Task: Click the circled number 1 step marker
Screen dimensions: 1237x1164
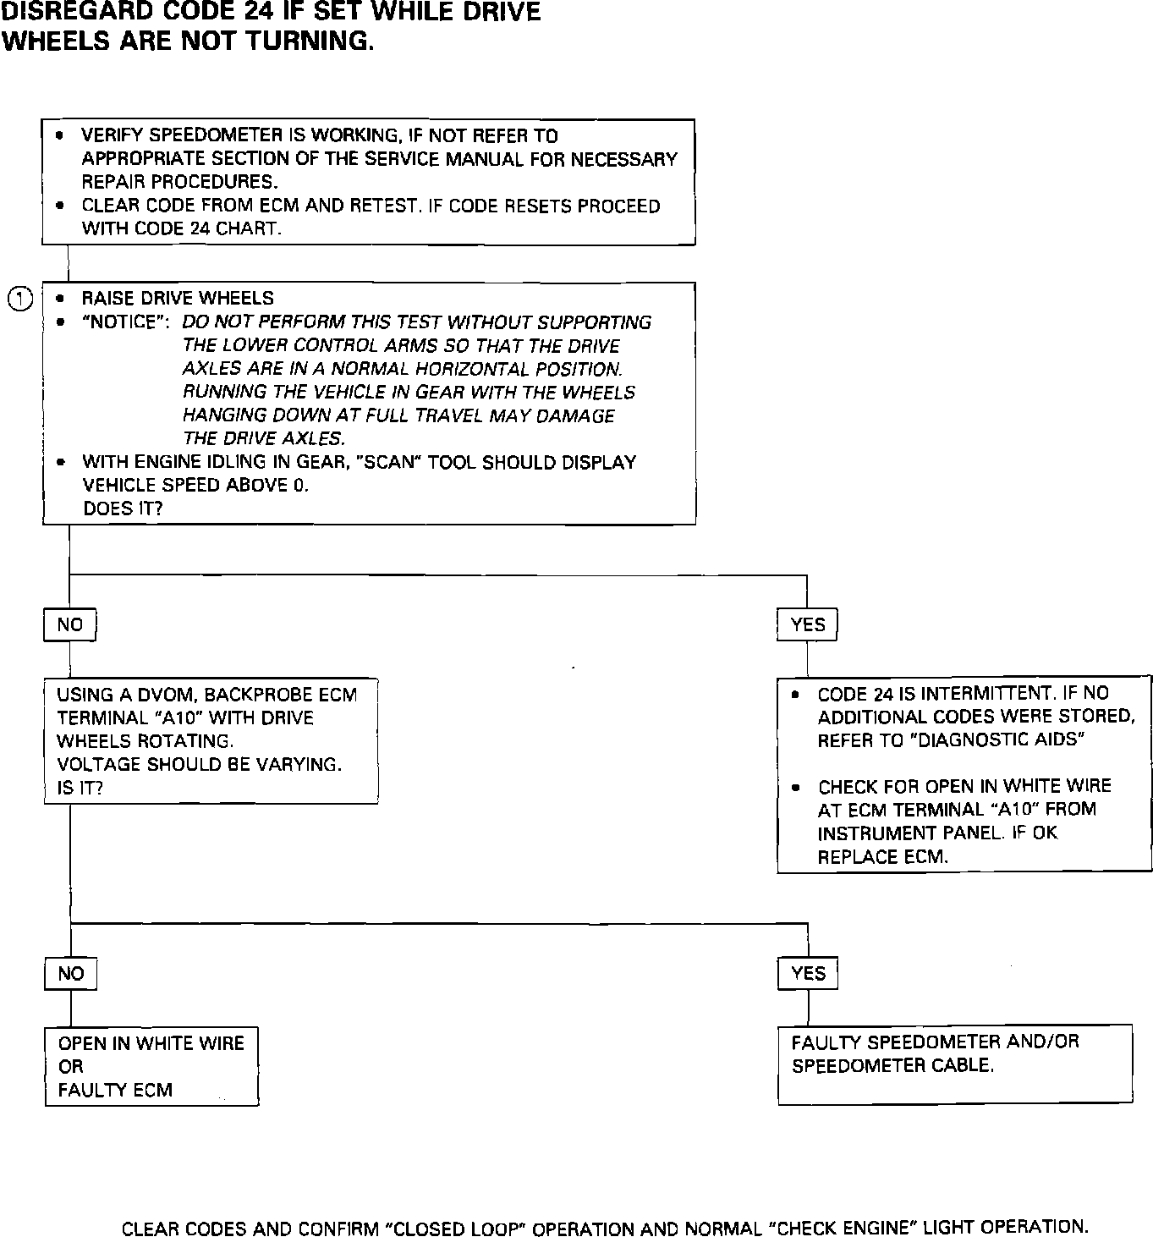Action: [x=21, y=299]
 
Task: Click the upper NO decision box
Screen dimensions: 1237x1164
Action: [x=69, y=625]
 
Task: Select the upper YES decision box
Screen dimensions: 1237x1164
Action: [x=807, y=625]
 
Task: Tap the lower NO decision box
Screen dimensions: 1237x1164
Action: [x=70, y=974]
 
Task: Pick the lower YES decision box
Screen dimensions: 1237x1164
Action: [x=808, y=974]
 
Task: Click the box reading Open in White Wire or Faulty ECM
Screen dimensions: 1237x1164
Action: [x=151, y=1067]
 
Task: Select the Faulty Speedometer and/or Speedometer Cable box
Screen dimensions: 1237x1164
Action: [x=954, y=1064]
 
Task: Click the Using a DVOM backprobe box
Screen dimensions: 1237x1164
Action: [x=211, y=740]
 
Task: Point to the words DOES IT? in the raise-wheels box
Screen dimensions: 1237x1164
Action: [x=123, y=509]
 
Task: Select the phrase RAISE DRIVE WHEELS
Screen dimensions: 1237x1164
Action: [x=178, y=299]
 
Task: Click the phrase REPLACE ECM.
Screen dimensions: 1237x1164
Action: [x=882, y=857]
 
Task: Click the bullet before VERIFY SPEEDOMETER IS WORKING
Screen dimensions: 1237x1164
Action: [x=59, y=135]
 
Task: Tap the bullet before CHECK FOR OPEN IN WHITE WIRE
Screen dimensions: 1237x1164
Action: [x=795, y=788]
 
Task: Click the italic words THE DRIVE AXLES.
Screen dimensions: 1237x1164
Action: [x=264, y=438]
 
